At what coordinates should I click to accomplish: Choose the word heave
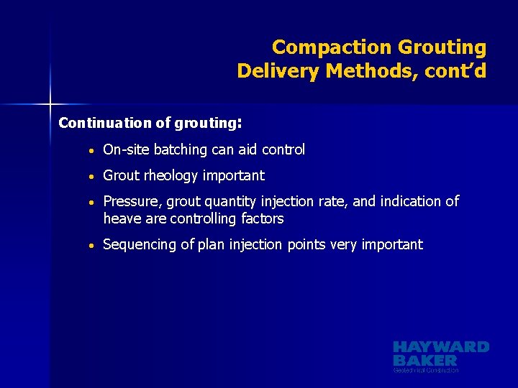pos(121,218)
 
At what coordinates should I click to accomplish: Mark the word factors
pos(261,218)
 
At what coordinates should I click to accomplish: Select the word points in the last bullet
pos(306,245)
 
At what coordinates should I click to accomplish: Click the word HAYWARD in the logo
pos(440,347)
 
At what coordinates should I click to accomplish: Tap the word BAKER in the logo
pos(425,360)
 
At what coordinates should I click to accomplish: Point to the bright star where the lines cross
pos(51,103)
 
